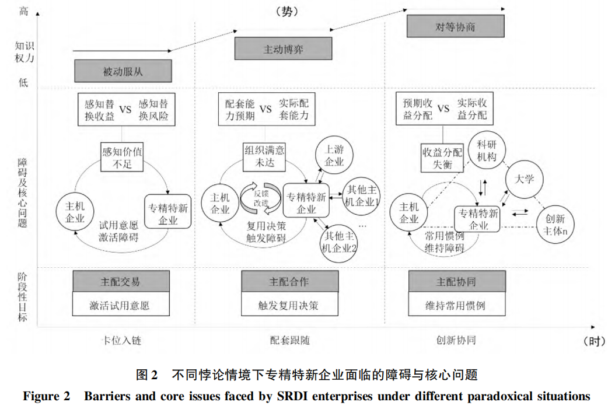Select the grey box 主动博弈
tap(283, 48)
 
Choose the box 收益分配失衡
tap(442, 158)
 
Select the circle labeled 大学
tap(525, 179)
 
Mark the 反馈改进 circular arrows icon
tap(257, 198)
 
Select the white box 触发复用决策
tap(288, 305)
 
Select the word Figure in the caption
tap(41, 397)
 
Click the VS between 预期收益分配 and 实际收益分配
tap(443, 109)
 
